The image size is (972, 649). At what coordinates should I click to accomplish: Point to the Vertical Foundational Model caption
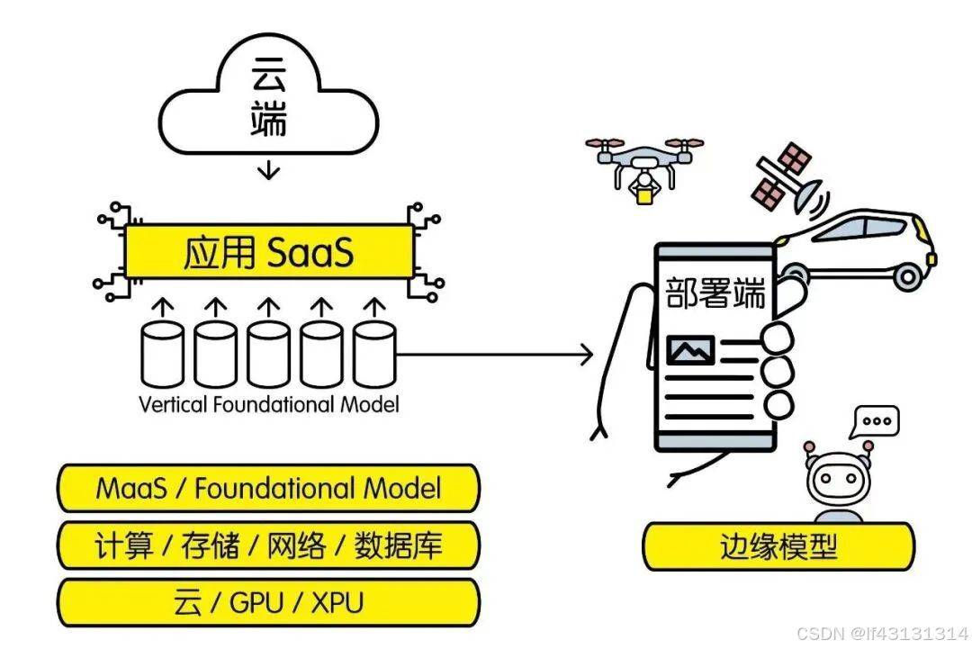268,404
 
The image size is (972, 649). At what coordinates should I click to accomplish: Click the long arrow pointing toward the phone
495,354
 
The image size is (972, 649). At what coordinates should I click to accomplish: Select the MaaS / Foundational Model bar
268,489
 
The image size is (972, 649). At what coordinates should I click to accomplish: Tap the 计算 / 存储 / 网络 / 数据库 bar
268,545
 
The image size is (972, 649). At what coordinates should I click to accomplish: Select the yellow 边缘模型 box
778,546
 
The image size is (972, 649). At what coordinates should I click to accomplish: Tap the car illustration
859,248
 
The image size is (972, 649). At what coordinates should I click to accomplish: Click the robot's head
838,482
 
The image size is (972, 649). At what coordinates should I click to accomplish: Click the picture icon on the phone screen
690,349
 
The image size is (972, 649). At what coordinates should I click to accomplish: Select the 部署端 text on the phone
715,293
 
